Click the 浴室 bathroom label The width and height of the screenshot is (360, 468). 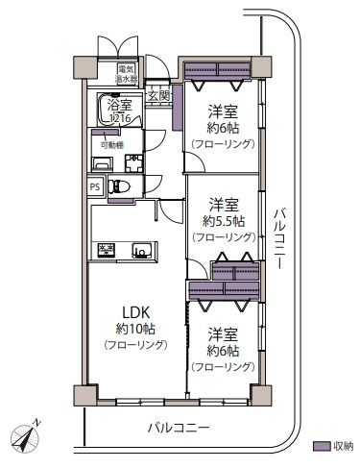pos(121,105)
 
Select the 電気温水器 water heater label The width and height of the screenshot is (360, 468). pos(127,73)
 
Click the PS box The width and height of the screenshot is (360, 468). pos(95,187)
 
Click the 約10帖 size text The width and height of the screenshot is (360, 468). pos(131,328)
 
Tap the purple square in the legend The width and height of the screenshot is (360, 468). pos(321,446)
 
